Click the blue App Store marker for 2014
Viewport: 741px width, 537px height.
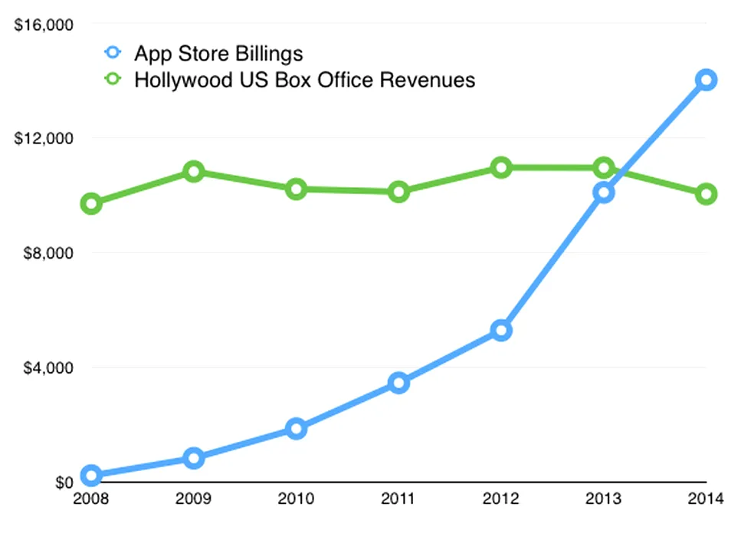(706, 80)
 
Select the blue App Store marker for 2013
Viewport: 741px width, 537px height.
(604, 192)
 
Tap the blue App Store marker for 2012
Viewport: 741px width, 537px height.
(501, 331)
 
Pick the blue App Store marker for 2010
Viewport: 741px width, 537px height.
(297, 428)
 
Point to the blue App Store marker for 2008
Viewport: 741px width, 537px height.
(91, 476)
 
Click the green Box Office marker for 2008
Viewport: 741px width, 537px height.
(91, 204)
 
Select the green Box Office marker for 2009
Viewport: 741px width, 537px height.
(194, 171)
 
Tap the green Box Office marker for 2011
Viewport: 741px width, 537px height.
(398, 192)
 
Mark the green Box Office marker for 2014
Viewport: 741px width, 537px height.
(706, 194)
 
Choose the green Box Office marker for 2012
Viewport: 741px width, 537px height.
(501, 167)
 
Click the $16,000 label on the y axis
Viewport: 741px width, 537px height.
(44, 25)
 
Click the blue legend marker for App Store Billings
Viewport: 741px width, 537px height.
(113, 54)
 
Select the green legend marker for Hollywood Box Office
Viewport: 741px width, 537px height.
(113, 80)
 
